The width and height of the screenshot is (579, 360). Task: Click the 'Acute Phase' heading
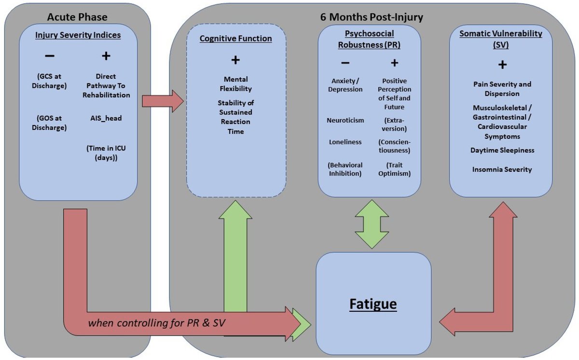point(77,17)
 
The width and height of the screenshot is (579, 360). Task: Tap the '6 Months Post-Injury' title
point(372,17)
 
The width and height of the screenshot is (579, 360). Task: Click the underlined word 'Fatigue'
point(373,304)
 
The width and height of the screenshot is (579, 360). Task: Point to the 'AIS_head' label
point(106,117)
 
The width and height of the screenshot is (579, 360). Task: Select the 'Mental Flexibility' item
point(237,84)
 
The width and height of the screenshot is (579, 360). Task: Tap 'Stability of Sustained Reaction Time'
point(236,117)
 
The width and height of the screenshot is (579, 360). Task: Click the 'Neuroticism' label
point(345,120)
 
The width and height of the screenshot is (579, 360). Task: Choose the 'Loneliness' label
point(345,142)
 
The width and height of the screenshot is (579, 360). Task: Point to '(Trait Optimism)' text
point(395,169)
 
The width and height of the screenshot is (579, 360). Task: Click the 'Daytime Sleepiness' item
point(502,151)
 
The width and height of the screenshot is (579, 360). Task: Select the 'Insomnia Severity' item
point(502,169)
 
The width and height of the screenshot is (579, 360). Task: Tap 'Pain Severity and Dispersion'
point(502,89)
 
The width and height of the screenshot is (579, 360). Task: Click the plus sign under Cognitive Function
point(236,61)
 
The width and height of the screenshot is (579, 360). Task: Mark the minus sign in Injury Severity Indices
point(49,56)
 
